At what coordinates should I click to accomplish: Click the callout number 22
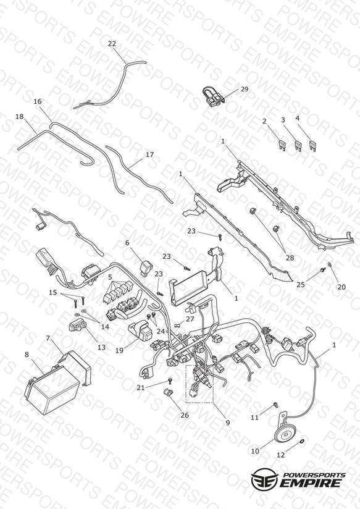click(112, 43)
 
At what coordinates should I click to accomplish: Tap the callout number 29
click(244, 89)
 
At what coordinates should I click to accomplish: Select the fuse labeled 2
click(282, 145)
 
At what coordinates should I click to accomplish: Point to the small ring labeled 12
click(301, 440)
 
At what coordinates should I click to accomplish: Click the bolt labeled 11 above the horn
click(276, 405)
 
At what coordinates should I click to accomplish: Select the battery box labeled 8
click(52, 389)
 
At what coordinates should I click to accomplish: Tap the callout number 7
click(48, 339)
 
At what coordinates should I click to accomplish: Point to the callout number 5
click(110, 277)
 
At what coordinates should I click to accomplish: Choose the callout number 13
click(102, 347)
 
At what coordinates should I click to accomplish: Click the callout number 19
click(119, 351)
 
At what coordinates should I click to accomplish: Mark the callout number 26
click(185, 415)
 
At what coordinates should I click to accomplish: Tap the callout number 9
click(228, 423)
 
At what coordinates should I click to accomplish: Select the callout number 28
click(290, 258)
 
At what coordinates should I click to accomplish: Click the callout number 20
click(341, 287)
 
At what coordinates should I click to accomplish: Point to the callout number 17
click(149, 155)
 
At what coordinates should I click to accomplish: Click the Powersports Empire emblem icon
click(264, 478)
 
